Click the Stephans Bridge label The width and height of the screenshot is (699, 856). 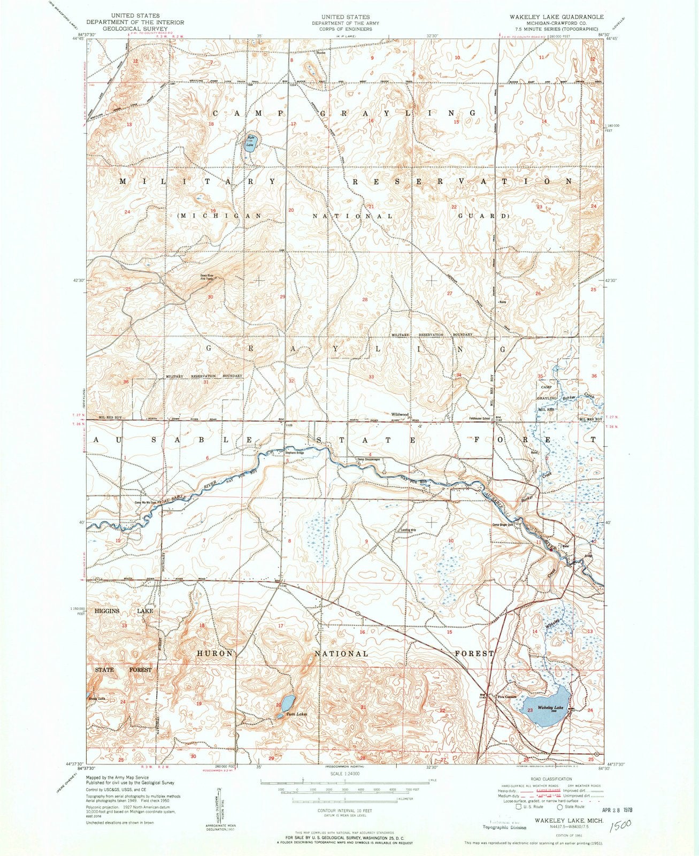pyautogui.click(x=294, y=453)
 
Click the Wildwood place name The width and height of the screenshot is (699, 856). pyautogui.click(x=400, y=415)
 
